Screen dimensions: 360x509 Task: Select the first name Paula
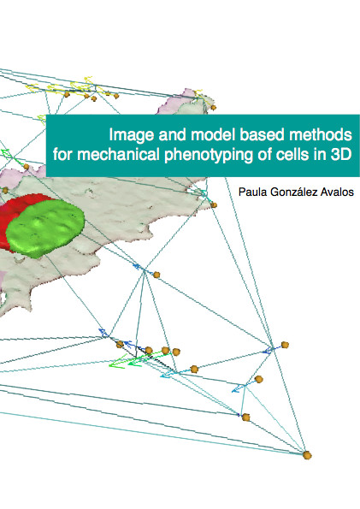tap(253, 192)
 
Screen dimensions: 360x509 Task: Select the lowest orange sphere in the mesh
tap(307, 455)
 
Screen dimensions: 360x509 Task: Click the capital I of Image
tap(111, 134)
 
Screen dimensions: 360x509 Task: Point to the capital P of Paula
tap(242, 192)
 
